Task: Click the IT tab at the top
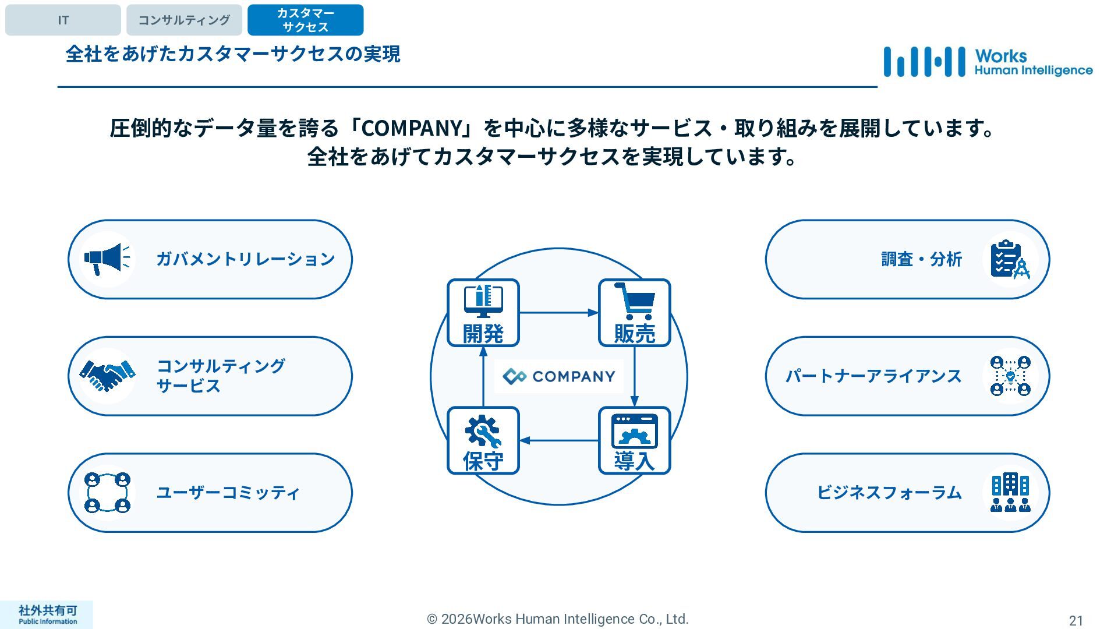point(63,20)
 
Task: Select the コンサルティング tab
point(184,20)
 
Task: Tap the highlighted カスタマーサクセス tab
point(305,20)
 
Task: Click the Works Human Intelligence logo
point(988,62)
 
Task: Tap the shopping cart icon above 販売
point(634,301)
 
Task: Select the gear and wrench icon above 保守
point(483,432)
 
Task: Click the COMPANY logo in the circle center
point(558,376)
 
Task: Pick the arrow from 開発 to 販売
point(558,313)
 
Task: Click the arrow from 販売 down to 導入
point(634,376)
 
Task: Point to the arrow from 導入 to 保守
point(558,440)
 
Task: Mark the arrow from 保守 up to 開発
point(483,376)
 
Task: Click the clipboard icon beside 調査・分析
point(1010,259)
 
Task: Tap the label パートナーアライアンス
point(873,376)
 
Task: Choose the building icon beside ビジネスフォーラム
point(1010,493)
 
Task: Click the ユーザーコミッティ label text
point(228,493)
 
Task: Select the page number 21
point(1075,620)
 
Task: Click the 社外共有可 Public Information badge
point(47,614)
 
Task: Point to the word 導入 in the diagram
point(634,461)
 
